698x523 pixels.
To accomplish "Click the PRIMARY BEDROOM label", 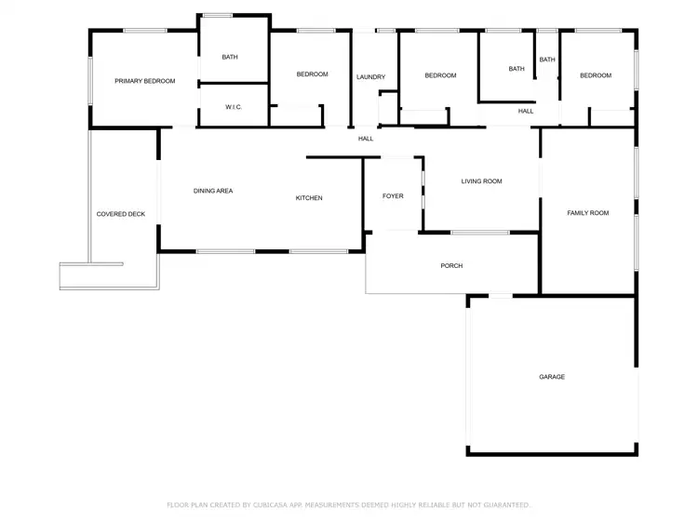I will (x=144, y=81).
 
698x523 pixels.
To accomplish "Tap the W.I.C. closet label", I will (x=234, y=107).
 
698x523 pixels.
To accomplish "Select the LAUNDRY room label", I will (x=370, y=76).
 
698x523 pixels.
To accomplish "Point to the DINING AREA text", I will (x=213, y=191).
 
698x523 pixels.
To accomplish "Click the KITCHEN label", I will (x=309, y=197).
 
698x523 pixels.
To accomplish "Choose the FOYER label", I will (x=393, y=196).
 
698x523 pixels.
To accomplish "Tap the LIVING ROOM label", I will (x=481, y=181).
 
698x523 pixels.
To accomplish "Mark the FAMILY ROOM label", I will (x=588, y=213).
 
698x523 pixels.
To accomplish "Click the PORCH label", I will (x=451, y=266).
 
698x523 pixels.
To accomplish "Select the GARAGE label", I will (x=552, y=377).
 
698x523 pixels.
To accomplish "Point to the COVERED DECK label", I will (x=121, y=214).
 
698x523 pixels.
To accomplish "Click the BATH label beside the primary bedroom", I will (x=230, y=57).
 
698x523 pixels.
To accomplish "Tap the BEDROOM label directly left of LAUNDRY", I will (x=312, y=74).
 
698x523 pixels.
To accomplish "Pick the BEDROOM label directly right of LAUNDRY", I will (x=440, y=75).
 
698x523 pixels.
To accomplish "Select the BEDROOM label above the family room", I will (x=596, y=75).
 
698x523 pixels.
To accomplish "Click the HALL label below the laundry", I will (x=366, y=139).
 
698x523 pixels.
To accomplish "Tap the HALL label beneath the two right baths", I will (x=526, y=111).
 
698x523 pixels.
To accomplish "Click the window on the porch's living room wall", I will (x=480, y=232).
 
